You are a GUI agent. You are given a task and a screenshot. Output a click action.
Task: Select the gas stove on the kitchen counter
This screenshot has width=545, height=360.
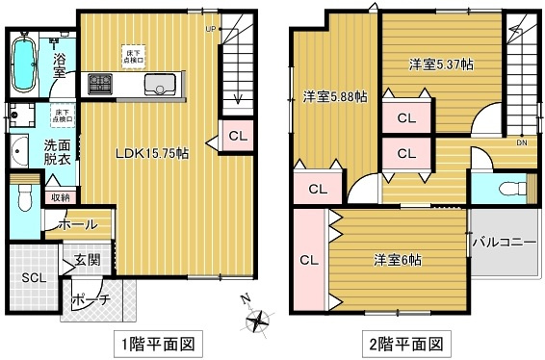[x=100, y=86]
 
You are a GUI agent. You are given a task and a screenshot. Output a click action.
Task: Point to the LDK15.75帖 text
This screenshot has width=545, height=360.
[x=152, y=153]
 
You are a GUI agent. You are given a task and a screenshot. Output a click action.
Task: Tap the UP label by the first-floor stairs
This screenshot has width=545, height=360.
[x=210, y=28]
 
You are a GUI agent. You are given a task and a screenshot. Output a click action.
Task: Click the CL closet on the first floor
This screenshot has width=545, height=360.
[x=237, y=136]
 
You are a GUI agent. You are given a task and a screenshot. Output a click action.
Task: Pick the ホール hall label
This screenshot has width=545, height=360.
[x=77, y=224]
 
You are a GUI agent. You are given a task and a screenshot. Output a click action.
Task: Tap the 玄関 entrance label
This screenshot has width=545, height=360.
[x=88, y=258]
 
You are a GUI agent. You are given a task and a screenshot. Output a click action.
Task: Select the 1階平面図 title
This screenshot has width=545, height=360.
[x=157, y=343]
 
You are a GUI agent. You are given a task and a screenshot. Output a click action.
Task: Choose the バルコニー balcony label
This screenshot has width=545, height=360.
[x=504, y=241]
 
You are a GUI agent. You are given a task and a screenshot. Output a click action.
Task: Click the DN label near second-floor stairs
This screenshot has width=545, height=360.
[x=521, y=143]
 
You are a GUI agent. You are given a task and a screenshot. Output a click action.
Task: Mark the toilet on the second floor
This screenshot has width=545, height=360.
[x=511, y=187]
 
